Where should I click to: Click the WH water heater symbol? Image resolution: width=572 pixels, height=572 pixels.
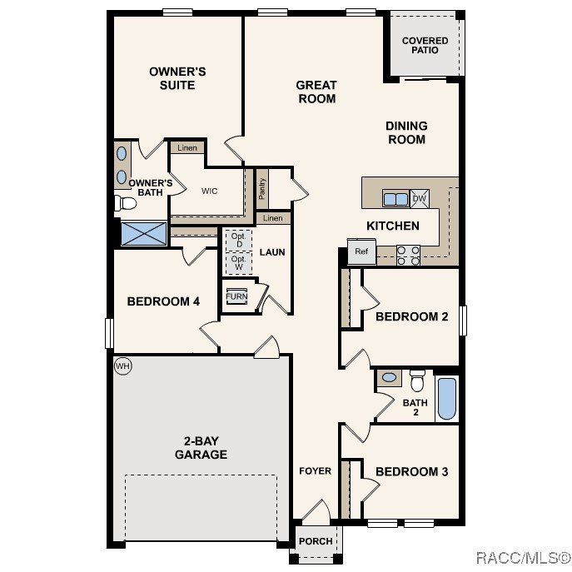[x=122, y=366]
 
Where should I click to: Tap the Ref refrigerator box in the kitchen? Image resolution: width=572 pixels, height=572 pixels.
[x=361, y=251]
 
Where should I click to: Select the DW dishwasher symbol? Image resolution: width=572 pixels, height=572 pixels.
[x=420, y=198]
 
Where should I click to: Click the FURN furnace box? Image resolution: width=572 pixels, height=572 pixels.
[x=236, y=296]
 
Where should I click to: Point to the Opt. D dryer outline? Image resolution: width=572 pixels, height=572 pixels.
[x=238, y=240]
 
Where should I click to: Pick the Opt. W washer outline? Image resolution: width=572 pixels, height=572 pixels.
[x=238, y=262]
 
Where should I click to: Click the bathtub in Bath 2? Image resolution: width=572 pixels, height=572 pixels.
[x=447, y=399]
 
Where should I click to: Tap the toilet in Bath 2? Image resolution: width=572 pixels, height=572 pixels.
[x=418, y=380]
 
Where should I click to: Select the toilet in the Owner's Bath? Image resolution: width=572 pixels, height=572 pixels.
[x=127, y=203]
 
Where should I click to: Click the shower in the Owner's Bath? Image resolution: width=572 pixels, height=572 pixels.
[x=143, y=233]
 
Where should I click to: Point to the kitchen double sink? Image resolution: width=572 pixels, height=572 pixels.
[x=395, y=198]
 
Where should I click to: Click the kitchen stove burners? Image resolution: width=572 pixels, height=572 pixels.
[x=408, y=255]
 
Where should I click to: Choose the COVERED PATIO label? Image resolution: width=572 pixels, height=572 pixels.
[x=425, y=45]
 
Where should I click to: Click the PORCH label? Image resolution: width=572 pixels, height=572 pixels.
[x=316, y=541]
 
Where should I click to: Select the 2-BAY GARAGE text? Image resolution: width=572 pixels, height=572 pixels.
[x=201, y=448]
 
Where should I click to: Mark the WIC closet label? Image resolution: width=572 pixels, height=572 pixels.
[x=209, y=191]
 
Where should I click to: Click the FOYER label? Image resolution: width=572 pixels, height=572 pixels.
[x=316, y=471]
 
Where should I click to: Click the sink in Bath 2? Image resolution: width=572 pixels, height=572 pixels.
[x=389, y=378]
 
